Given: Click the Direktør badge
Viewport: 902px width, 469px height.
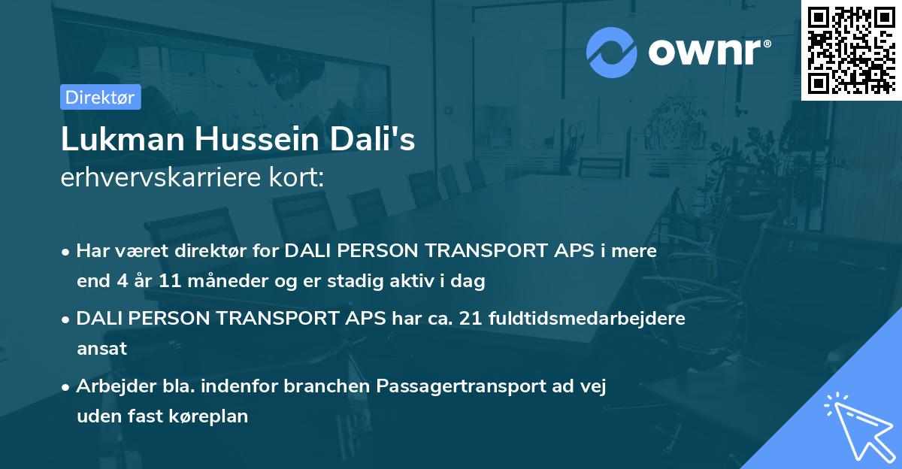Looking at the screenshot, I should point(100,97).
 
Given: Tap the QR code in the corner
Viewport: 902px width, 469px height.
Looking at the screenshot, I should point(851,50).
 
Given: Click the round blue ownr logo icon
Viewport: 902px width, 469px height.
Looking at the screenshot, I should point(612,53).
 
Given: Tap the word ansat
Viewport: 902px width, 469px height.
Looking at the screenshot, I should point(101,349).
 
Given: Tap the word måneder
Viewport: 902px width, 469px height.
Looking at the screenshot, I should point(218,282).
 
